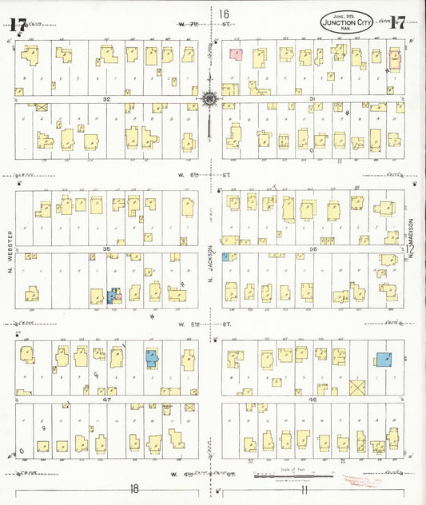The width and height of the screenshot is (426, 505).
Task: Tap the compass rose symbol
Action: (209, 99)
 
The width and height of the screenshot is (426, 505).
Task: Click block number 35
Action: (106, 249)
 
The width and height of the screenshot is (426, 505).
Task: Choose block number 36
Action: (314, 249)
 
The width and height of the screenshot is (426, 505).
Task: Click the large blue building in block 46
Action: (384, 360)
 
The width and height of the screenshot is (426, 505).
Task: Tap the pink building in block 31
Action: (236, 54)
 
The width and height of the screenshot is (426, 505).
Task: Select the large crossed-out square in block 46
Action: (357, 389)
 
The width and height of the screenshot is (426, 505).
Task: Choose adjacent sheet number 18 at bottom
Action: (134, 486)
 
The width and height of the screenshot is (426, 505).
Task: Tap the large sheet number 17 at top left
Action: (18, 22)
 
